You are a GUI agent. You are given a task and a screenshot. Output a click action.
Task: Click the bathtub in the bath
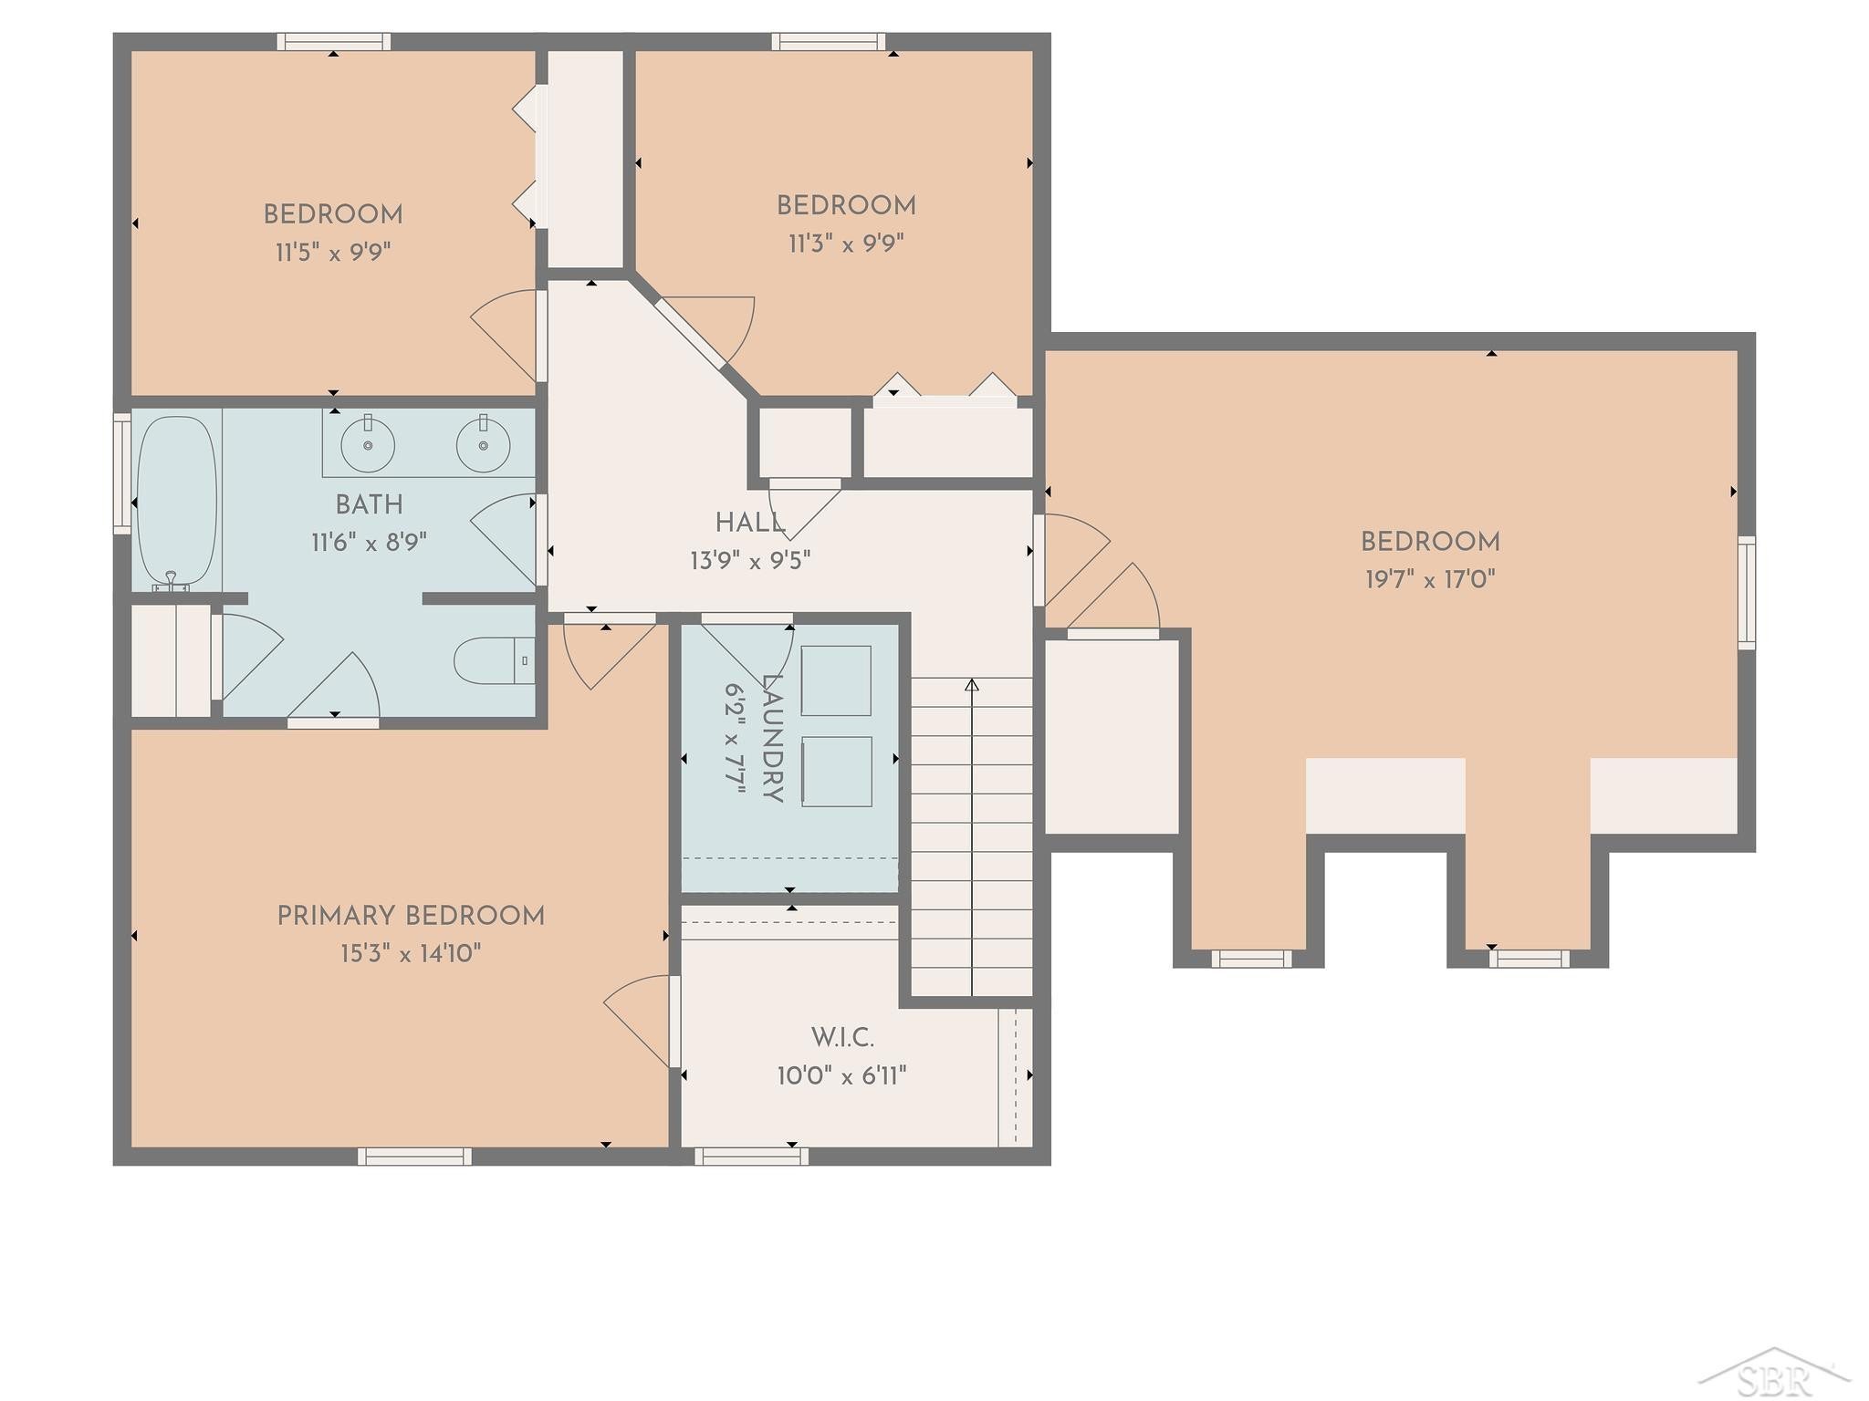tap(176, 503)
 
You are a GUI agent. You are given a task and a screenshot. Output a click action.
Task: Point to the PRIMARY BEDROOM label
tap(411, 916)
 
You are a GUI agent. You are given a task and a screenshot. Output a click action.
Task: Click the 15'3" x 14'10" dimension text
tap(411, 954)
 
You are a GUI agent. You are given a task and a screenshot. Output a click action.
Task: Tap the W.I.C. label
tap(842, 1037)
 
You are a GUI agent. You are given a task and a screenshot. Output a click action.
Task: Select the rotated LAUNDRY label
tap(772, 739)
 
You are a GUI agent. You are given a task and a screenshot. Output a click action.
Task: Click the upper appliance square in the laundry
tap(836, 680)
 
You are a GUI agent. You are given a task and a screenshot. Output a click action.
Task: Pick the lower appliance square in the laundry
tap(836, 771)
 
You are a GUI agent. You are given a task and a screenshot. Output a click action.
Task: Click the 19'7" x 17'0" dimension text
tap(1430, 579)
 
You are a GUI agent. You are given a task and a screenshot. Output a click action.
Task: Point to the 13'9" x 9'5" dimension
tap(750, 560)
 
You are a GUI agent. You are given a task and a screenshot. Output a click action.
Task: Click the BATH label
tap(369, 504)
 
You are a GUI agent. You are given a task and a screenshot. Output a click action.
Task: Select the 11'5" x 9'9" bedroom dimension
tap(333, 252)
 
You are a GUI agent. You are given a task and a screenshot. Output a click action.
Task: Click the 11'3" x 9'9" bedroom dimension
tap(846, 244)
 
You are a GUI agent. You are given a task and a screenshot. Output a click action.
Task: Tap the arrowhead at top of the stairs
tap(972, 684)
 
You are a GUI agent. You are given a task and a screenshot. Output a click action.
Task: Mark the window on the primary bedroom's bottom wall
tap(415, 1157)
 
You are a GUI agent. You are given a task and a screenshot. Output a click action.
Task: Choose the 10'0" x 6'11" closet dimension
tap(841, 1076)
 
